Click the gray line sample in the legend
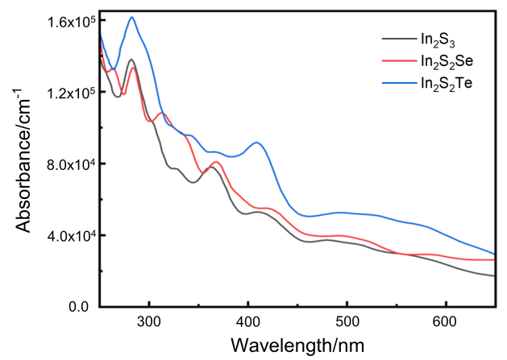tap(397, 39)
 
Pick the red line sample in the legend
tap(397, 60)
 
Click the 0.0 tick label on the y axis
tap(77, 307)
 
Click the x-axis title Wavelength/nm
tap(297, 345)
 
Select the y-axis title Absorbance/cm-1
tap(26, 165)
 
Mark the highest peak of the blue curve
tap(131, 17)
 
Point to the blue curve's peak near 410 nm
tap(256, 143)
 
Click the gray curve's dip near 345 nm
tap(193, 182)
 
